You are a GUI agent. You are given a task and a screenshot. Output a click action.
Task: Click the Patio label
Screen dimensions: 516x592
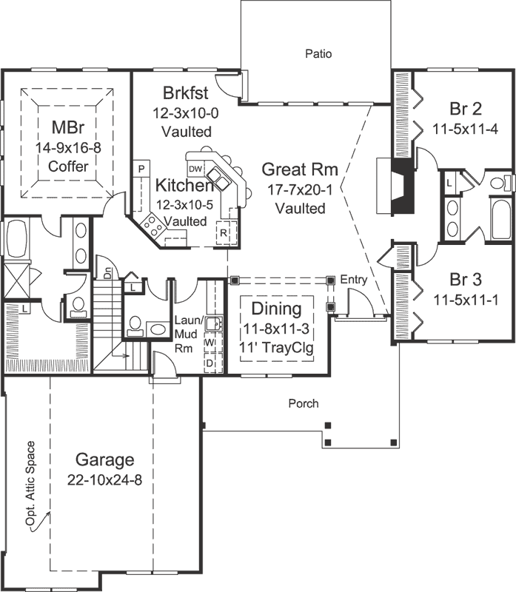[x=318, y=53]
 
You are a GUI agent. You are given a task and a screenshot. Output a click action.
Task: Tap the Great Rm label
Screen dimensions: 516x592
[x=300, y=169]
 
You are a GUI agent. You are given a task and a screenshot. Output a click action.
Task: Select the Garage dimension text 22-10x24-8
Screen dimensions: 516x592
[x=104, y=480]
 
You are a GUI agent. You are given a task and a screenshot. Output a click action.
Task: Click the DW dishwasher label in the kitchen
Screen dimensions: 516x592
[x=195, y=169]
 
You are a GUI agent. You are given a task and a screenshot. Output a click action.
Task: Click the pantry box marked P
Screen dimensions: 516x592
[x=141, y=169]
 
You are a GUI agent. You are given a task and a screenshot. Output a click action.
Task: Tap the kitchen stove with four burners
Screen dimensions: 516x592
[x=153, y=225]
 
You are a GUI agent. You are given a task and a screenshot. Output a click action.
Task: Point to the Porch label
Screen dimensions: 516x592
[x=304, y=403]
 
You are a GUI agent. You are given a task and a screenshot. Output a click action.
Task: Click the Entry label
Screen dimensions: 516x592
[x=354, y=280]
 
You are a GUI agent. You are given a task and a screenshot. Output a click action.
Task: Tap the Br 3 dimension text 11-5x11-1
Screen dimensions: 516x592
[x=466, y=300]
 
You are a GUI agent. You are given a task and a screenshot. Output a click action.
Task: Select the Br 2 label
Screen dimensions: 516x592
[x=466, y=109]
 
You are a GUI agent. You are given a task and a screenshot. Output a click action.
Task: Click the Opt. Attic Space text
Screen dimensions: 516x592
[x=30, y=484]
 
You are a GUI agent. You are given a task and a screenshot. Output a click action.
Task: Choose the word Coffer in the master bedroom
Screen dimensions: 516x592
[x=68, y=166]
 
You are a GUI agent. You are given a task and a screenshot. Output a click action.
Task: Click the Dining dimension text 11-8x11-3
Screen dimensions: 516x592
[x=276, y=329]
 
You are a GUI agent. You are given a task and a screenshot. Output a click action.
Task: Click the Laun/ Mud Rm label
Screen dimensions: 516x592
[x=188, y=334]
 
